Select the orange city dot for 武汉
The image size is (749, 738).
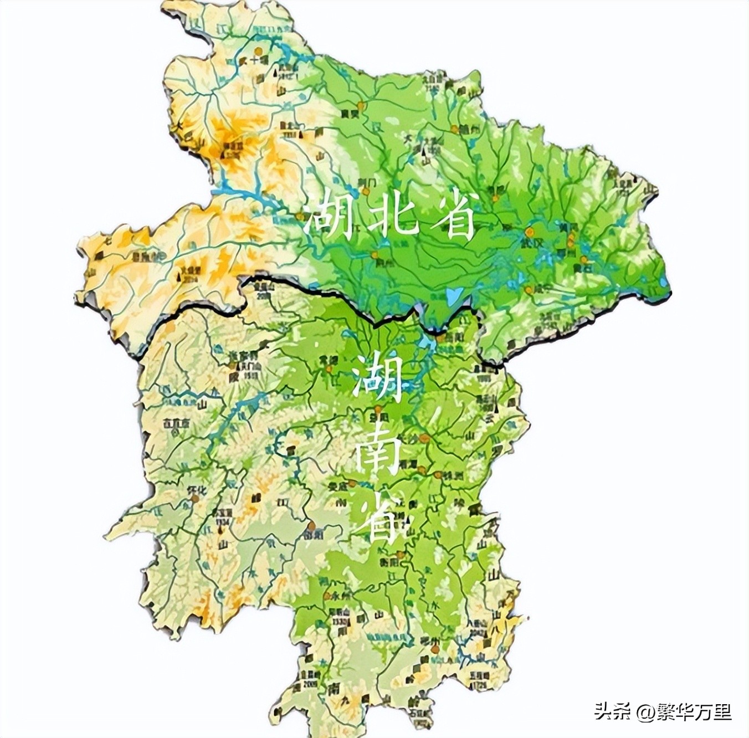[530, 232]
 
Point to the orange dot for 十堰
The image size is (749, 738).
[256, 51]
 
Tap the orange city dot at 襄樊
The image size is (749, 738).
[361, 106]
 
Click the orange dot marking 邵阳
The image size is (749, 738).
[312, 525]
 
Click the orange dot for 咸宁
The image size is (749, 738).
[530, 290]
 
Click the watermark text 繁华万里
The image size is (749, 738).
[695, 711]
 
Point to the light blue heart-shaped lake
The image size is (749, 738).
[453, 296]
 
